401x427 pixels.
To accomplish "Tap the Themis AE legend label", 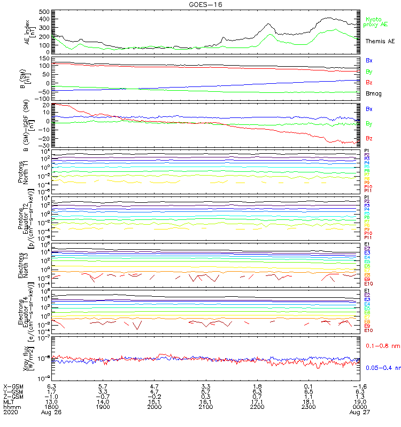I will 380,41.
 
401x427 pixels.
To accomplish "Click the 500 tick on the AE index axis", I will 45,12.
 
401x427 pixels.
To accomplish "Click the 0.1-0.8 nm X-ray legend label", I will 382,346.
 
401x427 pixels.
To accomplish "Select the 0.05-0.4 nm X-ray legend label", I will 382,367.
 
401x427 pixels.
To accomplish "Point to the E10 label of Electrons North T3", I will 368,283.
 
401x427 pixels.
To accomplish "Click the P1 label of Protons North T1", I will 367,151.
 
